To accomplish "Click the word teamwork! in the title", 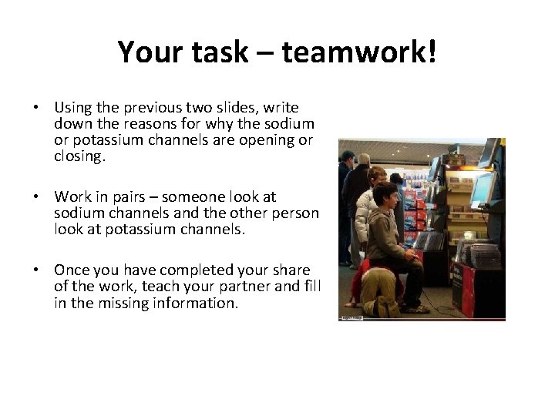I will point(359,52).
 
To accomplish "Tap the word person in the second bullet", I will point(296,213).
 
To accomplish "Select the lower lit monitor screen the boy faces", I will point(482,189).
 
